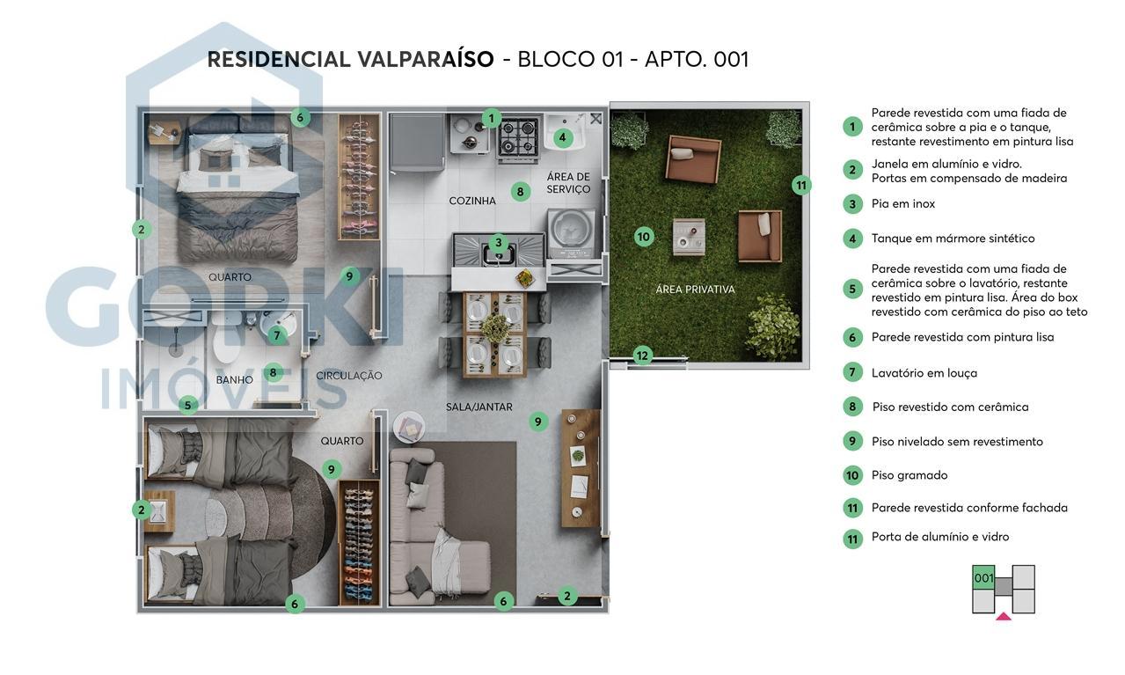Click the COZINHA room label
[472, 201]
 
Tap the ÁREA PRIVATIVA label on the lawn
[695, 289]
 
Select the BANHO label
[234, 380]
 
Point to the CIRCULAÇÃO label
[349, 376]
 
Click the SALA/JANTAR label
[479, 407]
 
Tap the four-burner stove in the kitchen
[518, 137]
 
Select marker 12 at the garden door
[643, 356]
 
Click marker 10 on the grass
[644, 236]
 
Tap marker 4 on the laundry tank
[563, 137]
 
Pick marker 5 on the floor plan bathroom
[187, 406]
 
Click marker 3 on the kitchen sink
[499, 243]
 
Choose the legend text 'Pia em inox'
[902, 204]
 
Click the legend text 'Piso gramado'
[909, 475]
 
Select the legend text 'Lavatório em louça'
[924, 373]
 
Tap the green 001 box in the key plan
[983, 578]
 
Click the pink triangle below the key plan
[1003, 617]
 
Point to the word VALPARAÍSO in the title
[425, 60]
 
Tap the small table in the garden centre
[689, 235]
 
